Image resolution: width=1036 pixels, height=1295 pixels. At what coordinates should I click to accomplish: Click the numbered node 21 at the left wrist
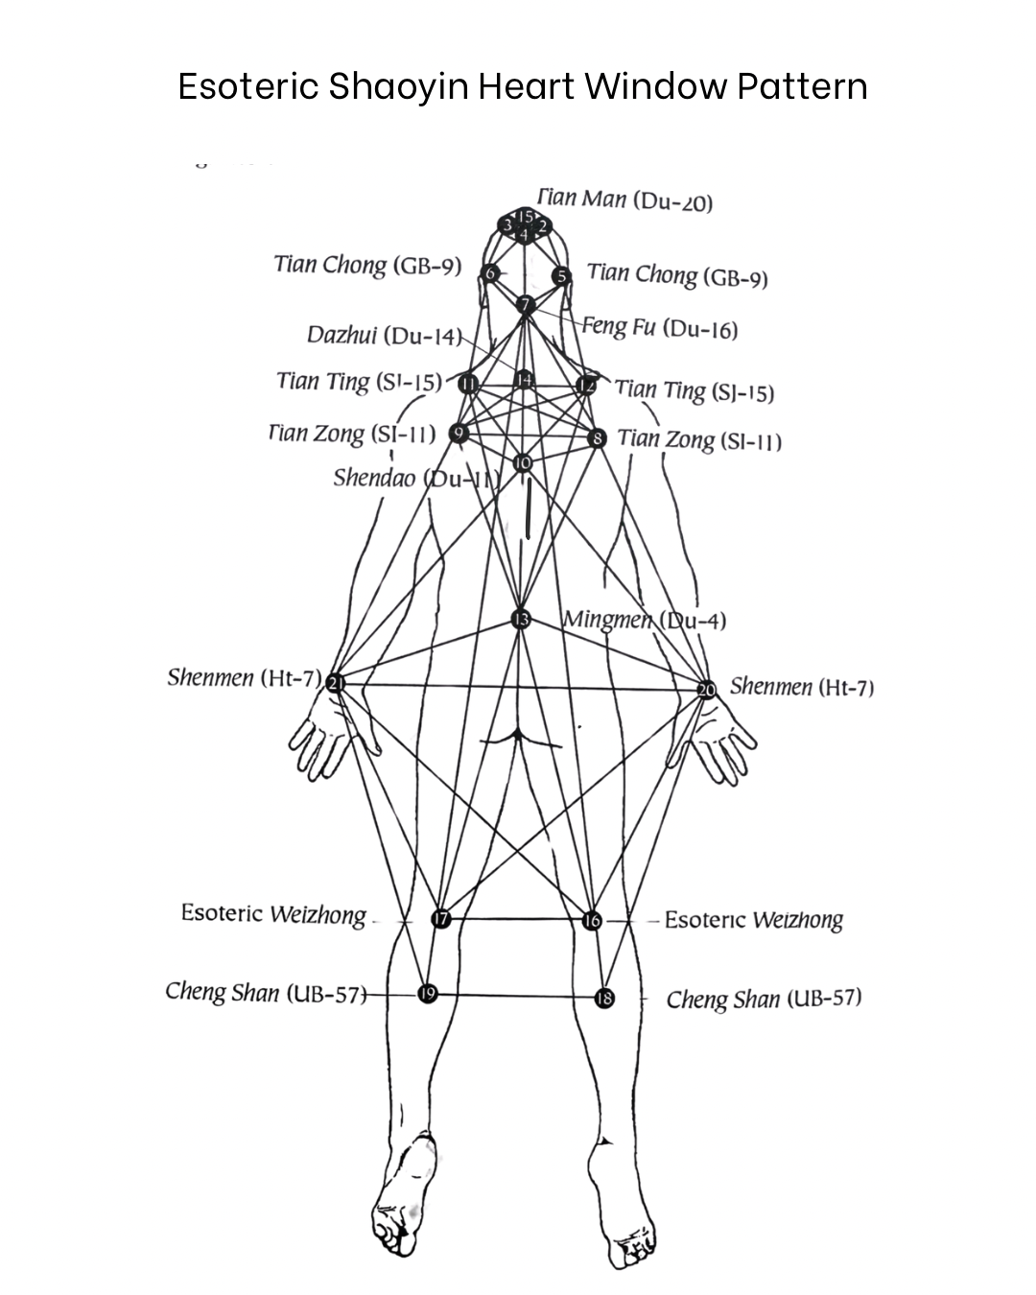[335, 683]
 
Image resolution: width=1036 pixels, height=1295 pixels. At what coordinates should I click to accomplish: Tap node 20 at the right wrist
[706, 690]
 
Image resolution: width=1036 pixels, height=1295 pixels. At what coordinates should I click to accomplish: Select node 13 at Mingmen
[521, 619]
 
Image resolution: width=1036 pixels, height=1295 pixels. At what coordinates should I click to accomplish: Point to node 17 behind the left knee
[440, 919]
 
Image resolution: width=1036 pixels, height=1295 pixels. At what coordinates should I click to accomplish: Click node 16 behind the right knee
[592, 921]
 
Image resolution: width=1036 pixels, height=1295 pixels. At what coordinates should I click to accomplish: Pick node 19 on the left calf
[428, 994]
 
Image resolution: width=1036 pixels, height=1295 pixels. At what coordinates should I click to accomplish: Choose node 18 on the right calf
[604, 999]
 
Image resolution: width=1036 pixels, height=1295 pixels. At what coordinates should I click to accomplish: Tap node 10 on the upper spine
[522, 462]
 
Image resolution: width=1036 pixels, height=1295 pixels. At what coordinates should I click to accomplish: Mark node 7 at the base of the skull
[525, 305]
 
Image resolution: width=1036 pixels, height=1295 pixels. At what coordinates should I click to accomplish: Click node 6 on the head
[490, 273]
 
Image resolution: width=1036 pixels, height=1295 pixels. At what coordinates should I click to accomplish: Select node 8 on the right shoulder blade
[598, 438]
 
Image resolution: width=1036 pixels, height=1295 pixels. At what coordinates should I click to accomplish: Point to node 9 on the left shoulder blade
[459, 433]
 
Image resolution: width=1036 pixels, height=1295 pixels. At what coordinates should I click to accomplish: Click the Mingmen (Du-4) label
[645, 620]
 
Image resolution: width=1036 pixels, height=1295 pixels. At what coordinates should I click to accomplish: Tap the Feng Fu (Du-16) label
[661, 328]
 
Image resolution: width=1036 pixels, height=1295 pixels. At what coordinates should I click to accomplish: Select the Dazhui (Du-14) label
[383, 335]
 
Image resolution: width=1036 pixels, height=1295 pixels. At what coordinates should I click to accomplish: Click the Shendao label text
[374, 478]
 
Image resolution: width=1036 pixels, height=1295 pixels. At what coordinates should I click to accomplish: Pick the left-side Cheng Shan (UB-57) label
[265, 992]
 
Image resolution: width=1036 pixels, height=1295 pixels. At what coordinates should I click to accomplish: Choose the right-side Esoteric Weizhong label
[753, 920]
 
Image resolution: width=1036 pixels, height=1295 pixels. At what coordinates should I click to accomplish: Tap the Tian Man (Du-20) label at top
[625, 200]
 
